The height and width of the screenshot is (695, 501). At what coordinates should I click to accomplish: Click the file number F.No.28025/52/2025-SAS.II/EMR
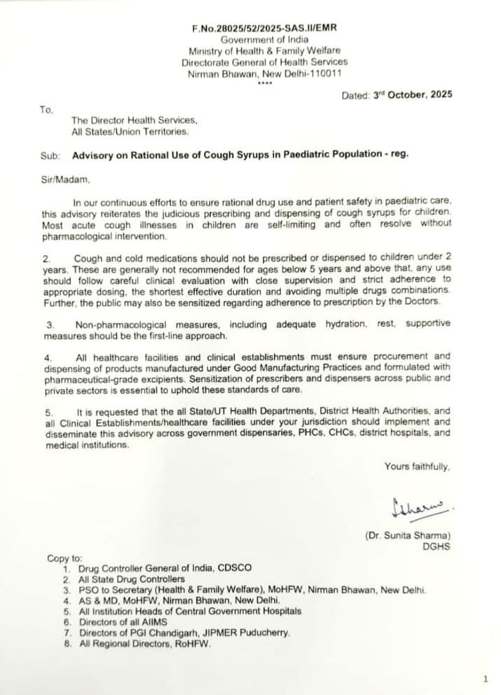[x=264, y=28]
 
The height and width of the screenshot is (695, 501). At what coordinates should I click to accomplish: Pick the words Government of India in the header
[x=264, y=40]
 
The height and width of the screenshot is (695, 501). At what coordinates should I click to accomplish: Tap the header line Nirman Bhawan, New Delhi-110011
[x=264, y=73]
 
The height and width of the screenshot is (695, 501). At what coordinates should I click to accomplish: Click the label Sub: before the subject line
[x=50, y=155]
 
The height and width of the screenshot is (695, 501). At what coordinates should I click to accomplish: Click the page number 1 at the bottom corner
[x=485, y=679]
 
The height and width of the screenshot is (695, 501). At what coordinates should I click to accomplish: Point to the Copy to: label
[x=64, y=558]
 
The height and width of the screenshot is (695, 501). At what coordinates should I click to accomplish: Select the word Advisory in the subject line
[x=93, y=155]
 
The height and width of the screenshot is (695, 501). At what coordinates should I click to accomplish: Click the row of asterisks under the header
[x=264, y=83]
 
